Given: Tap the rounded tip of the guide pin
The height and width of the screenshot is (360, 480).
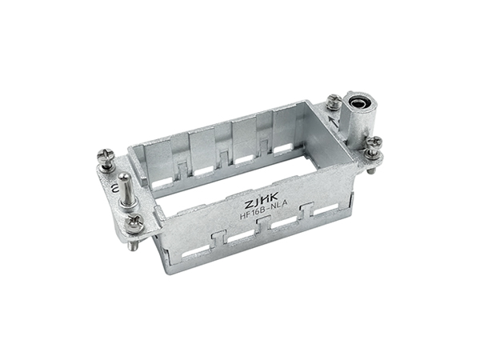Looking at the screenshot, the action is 123,176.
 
